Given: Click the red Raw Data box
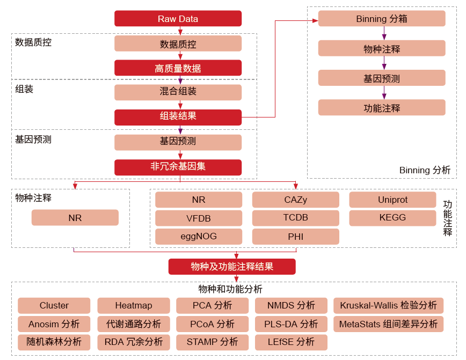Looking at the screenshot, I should [x=178, y=19].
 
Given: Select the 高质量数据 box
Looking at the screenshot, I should [x=178, y=68].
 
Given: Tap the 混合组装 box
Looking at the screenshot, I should [x=178, y=92].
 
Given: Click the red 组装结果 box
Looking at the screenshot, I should [x=178, y=116].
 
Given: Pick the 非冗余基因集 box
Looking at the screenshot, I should [x=178, y=167].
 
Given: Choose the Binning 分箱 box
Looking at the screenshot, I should [x=381, y=19].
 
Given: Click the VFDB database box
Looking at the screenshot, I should [x=199, y=218].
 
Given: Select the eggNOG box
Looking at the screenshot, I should [x=199, y=237].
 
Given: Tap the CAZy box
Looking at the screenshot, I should [x=295, y=200].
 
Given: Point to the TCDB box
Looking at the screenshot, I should [x=295, y=218].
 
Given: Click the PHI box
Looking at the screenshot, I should [x=295, y=237].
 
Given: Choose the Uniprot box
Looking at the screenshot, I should [x=392, y=200].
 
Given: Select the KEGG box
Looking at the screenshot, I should [x=392, y=218].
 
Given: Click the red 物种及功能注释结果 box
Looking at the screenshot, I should [x=232, y=267].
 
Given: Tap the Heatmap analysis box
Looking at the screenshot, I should [x=133, y=306].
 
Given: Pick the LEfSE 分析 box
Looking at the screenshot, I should [x=291, y=342].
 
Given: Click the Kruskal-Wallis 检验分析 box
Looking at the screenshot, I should [x=388, y=306].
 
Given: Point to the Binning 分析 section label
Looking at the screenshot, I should [x=425, y=170].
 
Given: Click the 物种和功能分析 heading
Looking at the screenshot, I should [x=230, y=289].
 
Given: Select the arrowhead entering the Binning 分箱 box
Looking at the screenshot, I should [x=315, y=20].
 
